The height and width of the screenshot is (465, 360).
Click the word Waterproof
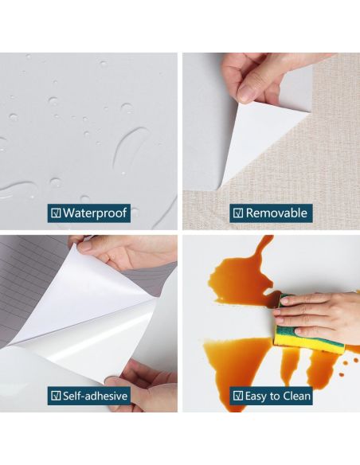coord(95,213)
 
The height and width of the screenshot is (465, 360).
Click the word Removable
coord(276,213)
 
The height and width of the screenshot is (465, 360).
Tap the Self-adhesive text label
coord(95,396)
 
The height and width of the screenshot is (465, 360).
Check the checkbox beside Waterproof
coord(56,213)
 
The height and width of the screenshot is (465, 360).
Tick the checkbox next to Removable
coord(238,213)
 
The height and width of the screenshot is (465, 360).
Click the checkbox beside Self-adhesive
coord(56,396)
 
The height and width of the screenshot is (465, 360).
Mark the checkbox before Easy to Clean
coord(238,396)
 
